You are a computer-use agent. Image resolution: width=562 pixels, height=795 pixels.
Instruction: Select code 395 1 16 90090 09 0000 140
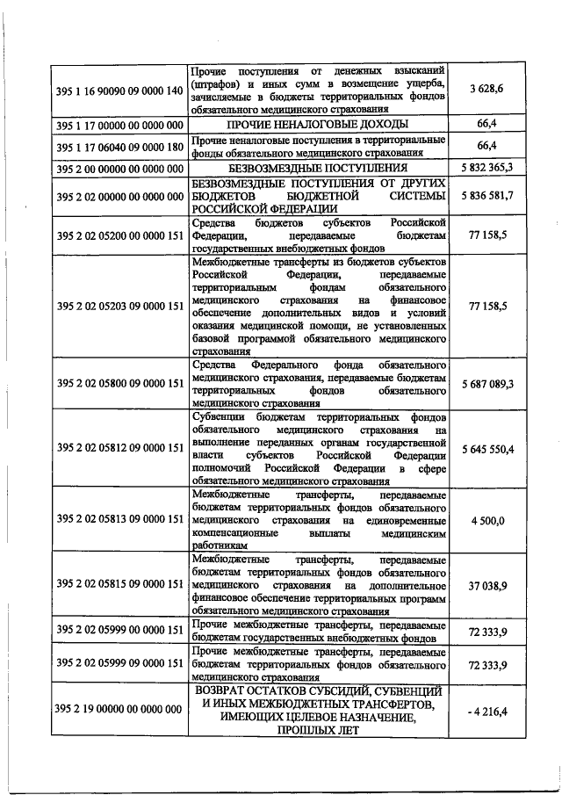coord(119,91)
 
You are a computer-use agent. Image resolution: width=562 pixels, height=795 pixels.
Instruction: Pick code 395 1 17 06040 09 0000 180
coord(119,145)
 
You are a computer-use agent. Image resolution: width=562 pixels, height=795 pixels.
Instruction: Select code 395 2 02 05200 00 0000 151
coord(119,235)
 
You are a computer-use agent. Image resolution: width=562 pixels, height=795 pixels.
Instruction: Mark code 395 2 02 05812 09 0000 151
coord(119,448)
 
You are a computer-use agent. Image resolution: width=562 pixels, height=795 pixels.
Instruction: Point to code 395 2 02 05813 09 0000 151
coord(119,521)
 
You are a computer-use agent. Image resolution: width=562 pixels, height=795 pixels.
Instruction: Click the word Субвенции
coord(220,416)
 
